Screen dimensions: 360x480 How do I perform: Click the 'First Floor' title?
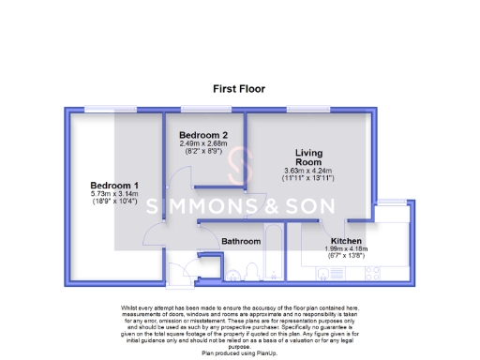239,89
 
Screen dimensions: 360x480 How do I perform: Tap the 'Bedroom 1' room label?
114,185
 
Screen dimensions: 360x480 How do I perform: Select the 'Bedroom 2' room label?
203,135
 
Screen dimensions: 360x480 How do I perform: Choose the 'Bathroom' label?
241,242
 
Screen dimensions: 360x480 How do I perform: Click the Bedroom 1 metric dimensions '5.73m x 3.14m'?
114,193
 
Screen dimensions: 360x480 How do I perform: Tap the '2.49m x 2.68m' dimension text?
203,143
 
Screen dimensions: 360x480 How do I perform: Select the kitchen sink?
330,274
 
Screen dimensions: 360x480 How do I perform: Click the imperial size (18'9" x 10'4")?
114,202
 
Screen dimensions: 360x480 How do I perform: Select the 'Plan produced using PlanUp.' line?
239,354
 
